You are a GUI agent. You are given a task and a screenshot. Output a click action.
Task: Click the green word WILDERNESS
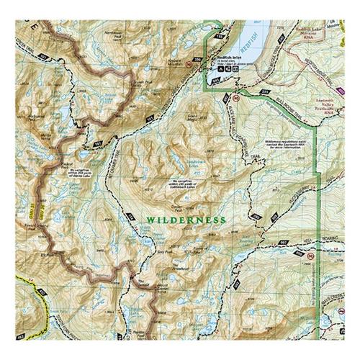[186, 220]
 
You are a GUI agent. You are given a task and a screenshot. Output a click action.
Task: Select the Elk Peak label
[49, 255]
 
